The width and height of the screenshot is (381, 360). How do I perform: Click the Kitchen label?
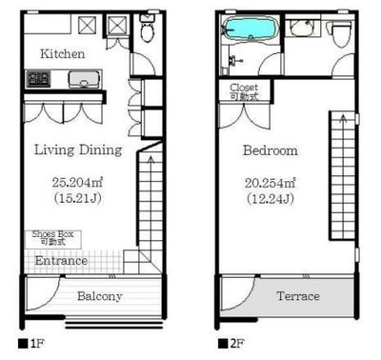coord(63,53)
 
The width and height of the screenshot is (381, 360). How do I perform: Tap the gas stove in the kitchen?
coord(39,79)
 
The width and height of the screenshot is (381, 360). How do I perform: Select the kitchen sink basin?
coord(84,79)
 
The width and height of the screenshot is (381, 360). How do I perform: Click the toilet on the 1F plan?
coord(147,28)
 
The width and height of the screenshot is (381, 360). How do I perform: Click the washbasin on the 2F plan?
coord(302,29)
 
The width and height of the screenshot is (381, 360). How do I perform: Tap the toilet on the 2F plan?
coord(341,32)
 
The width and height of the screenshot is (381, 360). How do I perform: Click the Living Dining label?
coord(78,150)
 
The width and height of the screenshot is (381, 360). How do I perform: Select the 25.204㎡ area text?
coord(77,182)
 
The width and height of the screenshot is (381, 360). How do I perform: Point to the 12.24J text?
coord(271,199)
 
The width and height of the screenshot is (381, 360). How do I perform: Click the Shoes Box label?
coord(52,234)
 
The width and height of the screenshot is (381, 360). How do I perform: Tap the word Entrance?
coord(61,261)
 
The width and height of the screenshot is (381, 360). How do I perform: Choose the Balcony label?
coord(100,296)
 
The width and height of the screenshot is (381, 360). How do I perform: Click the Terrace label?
coord(298,296)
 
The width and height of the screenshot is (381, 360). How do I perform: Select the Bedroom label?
coord(271,150)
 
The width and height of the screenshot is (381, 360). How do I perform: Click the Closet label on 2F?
coord(244,88)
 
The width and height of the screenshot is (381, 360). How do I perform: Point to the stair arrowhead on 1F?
coord(150,158)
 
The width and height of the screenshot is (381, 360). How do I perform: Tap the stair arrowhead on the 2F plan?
coord(343,118)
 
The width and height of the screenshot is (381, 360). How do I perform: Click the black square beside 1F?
coord(23,344)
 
